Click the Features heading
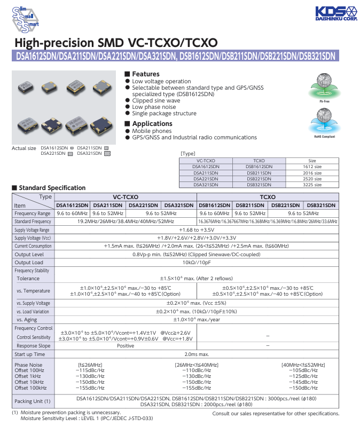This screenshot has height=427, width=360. [x=145, y=74]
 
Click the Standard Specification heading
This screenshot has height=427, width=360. [x=52, y=188]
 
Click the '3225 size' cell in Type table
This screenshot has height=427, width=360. [x=312, y=184]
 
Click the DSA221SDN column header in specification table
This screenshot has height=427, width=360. [x=144, y=205]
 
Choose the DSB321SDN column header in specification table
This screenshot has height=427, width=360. [x=321, y=205]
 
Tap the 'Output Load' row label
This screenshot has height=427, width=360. [x=29, y=262]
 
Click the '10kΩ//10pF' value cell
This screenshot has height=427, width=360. [x=197, y=262]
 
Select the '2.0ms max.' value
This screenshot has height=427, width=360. [x=197, y=354]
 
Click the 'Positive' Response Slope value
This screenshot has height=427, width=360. [x=126, y=345]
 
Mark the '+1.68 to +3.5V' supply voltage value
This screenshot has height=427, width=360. [x=197, y=230]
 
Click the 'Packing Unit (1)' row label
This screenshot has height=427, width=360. [x=33, y=401]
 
